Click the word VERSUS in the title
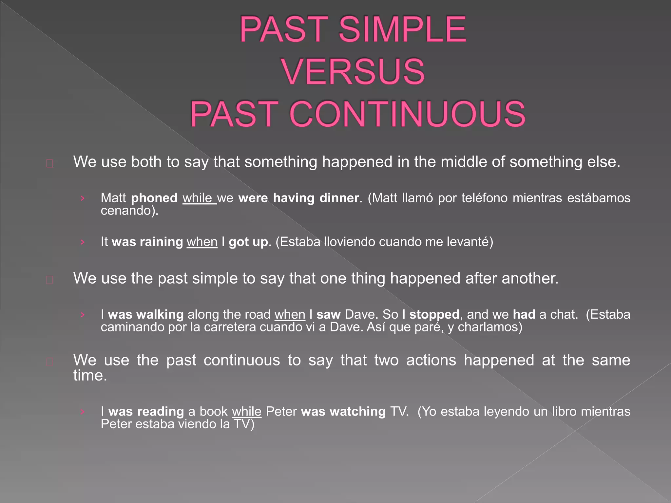click(353, 71)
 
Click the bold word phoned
click(154, 198)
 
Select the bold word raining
click(161, 242)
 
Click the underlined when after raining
click(202, 242)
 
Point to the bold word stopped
click(434, 315)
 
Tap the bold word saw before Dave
click(328, 315)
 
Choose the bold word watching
click(358, 412)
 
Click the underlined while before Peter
click(247, 412)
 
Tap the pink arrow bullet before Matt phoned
click(83, 198)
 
